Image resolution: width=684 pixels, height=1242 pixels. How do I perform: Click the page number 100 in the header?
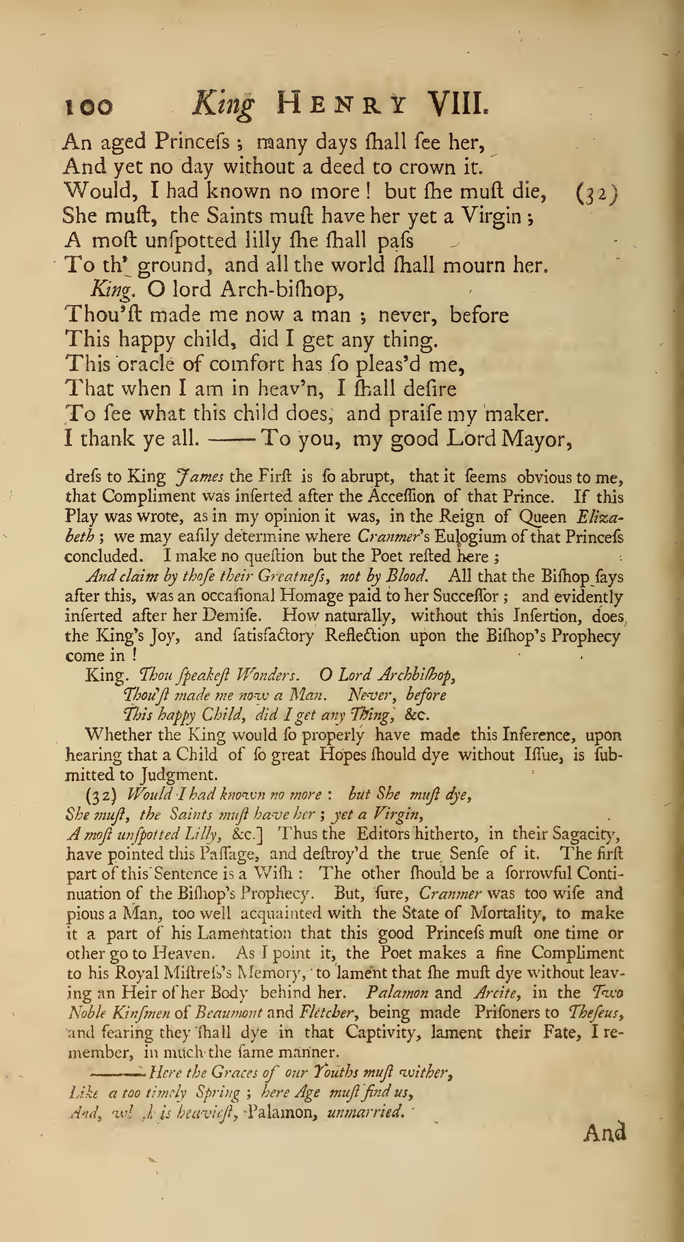[x=86, y=107]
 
